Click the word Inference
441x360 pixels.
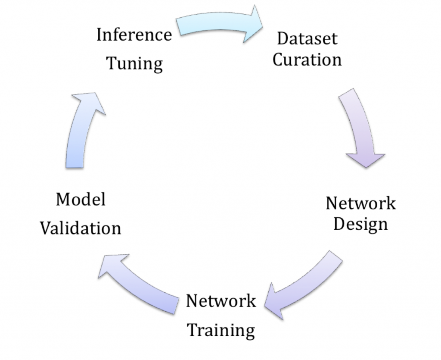point(134,34)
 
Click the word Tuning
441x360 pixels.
point(134,63)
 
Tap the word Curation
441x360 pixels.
point(307,59)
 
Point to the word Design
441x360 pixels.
point(360,224)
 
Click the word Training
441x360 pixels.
point(222,331)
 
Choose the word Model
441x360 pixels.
point(81,200)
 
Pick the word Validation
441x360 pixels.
point(81,228)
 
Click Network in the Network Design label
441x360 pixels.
point(360,203)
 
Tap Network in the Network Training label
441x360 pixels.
point(221,301)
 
